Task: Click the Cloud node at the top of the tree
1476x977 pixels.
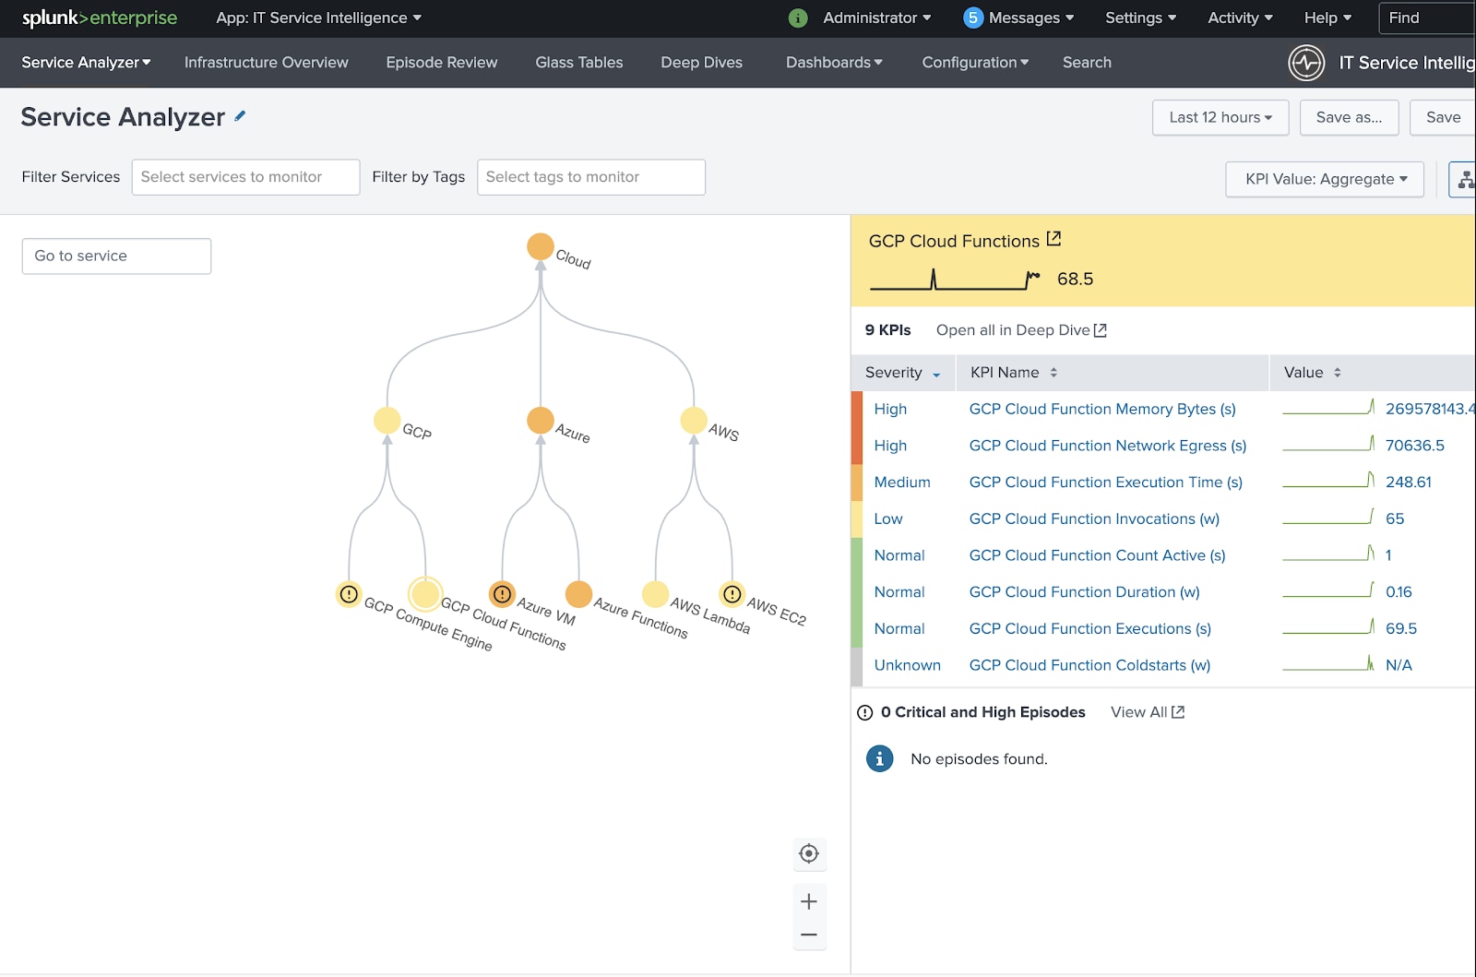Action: coord(541,246)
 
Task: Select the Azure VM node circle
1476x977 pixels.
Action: coord(502,593)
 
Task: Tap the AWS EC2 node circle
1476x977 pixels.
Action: coord(732,593)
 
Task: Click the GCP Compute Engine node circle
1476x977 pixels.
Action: coord(349,593)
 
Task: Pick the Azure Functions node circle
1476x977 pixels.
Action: coord(578,593)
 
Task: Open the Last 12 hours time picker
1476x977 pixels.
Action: coord(1220,117)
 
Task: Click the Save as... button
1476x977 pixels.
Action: coord(1349,117)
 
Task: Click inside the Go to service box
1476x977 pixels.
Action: coord(116,256)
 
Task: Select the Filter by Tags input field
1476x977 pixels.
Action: coord(591,176)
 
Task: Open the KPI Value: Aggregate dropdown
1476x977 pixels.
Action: coord(1325,179)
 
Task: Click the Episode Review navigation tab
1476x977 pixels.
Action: coord(442,63)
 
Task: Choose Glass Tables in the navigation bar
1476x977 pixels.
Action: coord(578,63)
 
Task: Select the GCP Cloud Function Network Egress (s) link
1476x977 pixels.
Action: coord(1108,446)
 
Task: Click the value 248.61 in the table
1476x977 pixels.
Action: coord(1408,483)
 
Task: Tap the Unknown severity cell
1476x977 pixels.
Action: coord(908,665)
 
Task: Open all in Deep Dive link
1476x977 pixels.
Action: coord(1020,330)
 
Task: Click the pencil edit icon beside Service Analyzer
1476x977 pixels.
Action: coord(240,116)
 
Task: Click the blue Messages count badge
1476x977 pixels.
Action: coord(972,18)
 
